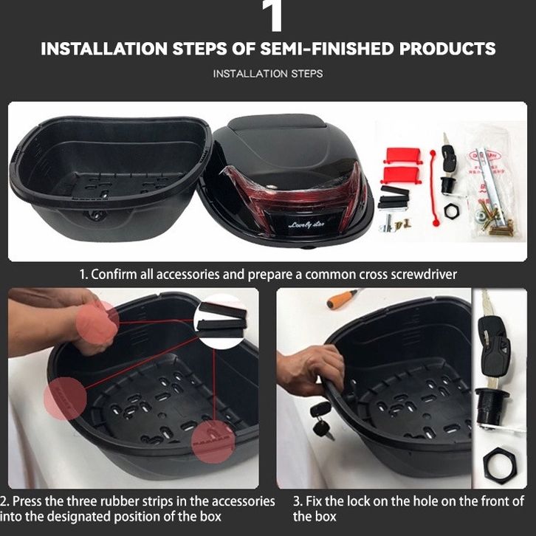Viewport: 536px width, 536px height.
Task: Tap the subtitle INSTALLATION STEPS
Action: pyautogui.click(x=268, y=74)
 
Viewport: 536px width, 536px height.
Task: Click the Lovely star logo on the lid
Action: pyautogui.click(x=306, y=225)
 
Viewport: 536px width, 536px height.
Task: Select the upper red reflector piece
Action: pyautogui.click(x=402, y=155)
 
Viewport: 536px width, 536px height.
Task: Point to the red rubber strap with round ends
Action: pyautogui.click(x=433, y=188)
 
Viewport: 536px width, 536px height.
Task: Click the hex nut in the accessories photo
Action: pyautogui.click(x=452, y=211)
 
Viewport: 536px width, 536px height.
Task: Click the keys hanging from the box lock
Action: pyautogui.click(x=322, y=421)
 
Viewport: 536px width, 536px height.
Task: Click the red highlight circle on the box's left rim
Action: pyautogui.click(x=65, y=399)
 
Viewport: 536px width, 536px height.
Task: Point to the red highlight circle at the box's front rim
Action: pyautogui.click(x=213, y=441)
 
